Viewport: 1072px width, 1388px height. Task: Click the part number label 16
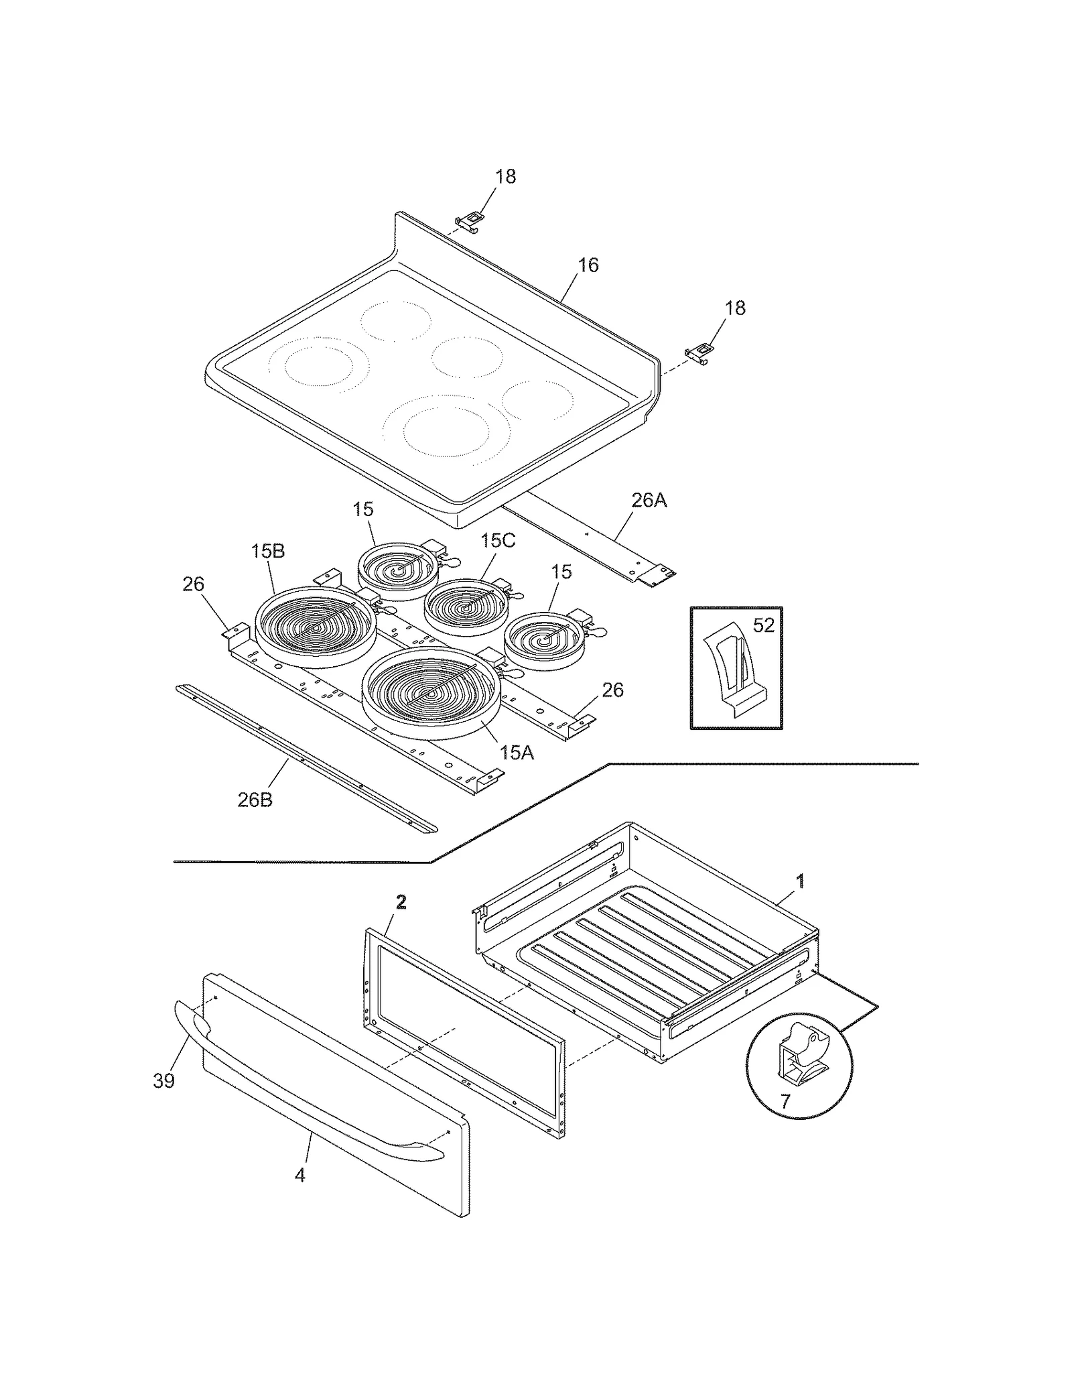(x=588, y=265)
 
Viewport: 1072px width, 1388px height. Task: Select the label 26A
(x=649, y=501)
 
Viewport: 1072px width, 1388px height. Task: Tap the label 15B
(x=268, y=552)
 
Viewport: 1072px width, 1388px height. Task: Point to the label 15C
(x=497, y=540)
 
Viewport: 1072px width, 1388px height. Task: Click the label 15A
(x=516, y=753)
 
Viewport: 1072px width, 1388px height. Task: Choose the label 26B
(x=255, y=800)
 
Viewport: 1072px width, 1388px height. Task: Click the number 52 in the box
(x=764, y=625)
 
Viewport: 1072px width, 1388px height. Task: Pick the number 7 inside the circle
(x=785, y=1100)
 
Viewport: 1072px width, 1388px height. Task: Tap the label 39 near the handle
(x=163, y=1080)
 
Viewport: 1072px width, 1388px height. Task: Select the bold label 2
(x=401, y=903)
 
